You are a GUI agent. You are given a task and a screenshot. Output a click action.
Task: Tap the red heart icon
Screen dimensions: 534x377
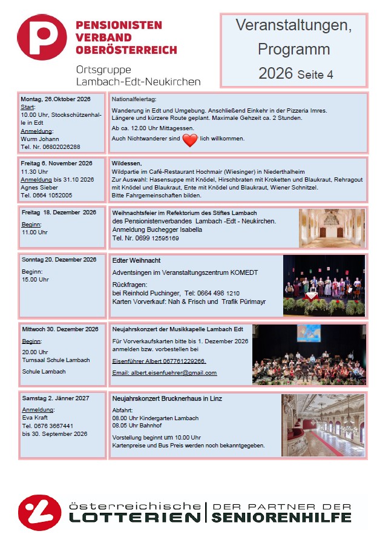pyautogui.click(x=190, y=140)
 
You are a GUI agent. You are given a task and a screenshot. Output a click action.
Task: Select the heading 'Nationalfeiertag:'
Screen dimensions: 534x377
pyautogui.click(x=134, y=99)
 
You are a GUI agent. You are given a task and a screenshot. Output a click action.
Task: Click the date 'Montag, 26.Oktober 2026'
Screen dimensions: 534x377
pyautogui.click(x=56, y=99)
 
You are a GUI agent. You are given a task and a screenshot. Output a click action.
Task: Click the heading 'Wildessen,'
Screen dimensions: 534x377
pyautogui.click(x=126, y=163)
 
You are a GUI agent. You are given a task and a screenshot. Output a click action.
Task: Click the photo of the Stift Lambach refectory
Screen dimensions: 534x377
pyautogui.click(x=332, y=228)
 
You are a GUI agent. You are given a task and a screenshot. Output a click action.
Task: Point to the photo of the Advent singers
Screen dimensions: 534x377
pyautogui.click(x=324, y=285)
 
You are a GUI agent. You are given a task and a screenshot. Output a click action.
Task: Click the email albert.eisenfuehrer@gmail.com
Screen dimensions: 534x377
pyautogui.click(x=165, y=373)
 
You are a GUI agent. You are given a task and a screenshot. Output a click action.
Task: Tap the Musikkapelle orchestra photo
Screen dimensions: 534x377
pyautogui.click(x=309, y=354)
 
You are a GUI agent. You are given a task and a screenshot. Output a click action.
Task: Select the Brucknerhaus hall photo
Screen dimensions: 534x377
pyautogui.click(x=323, y=424)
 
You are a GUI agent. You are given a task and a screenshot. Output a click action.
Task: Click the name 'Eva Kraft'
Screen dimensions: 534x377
pyautogui.click(x=35, y=418)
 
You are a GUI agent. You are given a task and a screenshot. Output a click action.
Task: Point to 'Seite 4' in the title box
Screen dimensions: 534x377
pyautogui.click(x=315, y=75)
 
